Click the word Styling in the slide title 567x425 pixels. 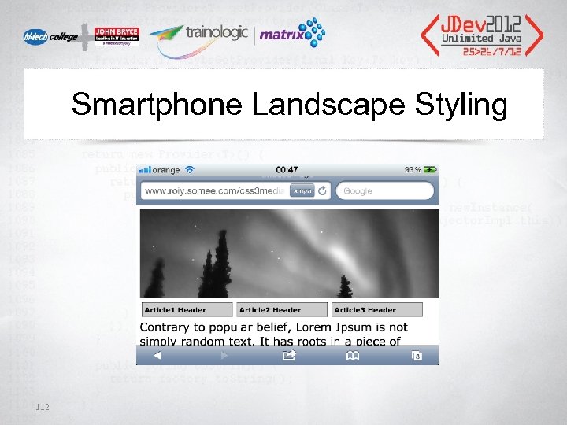(x=464, y=105)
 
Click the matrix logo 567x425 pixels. (x=291, y=34)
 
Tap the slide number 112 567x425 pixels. (x=43, y=406)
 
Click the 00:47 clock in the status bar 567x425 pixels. (x=287, y=169)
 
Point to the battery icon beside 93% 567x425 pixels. (x=428, y=169)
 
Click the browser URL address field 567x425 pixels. (x=215, y=190)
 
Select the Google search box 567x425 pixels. (x=384, y=190)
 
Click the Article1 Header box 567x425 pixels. (x=187, y=309)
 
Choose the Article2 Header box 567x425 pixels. (x=281, y=309)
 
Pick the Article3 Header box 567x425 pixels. (x=376, y=309)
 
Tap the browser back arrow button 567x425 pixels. (x=157, y=356)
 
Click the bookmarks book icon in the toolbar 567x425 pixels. (x=353, y=356)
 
